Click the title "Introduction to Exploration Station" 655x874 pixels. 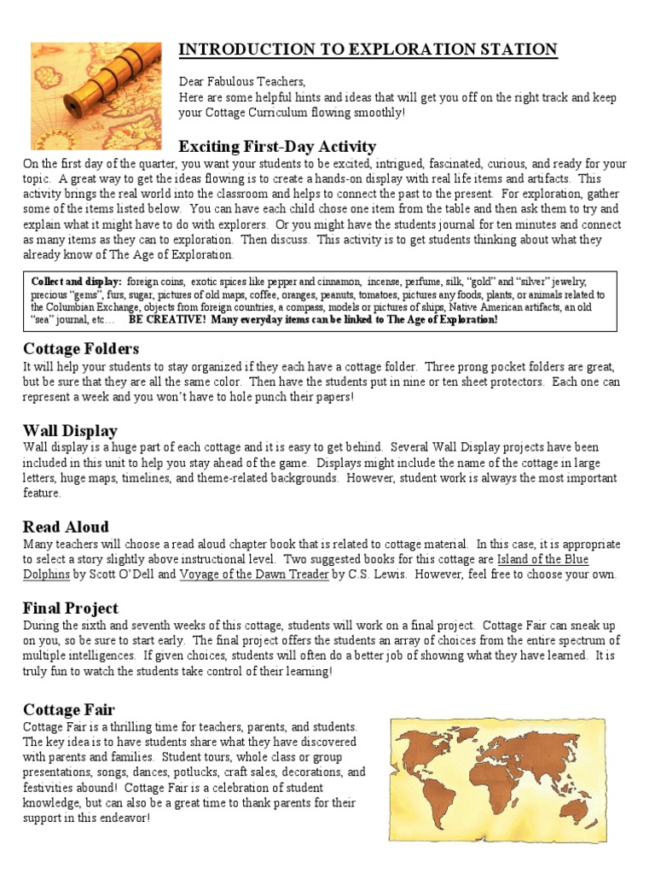coord(368,50)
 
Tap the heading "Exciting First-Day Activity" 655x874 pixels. coord(277,146)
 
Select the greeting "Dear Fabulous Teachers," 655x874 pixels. coord(241,81)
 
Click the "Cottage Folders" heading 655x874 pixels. coord(81,348)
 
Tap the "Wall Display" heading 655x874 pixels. coord(70,430)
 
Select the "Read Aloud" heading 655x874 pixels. coord(66,527)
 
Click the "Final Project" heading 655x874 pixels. coord(71,609)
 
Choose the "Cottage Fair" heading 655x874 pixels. coord(69,709)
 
